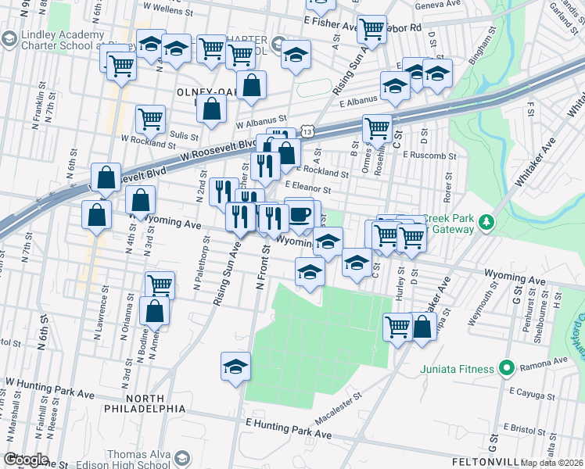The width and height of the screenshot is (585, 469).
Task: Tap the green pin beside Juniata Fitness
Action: (506, 367)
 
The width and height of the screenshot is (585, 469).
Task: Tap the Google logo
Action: (26, 460)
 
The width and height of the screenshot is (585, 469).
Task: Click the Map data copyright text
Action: (552, 463)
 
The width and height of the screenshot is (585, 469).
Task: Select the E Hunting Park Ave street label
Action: (289, 428)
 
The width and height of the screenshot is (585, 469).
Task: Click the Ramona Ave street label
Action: (550, 361)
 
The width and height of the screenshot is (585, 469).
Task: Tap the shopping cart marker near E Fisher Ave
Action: (373, 30)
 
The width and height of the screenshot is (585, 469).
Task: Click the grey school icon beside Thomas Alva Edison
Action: (183, 458)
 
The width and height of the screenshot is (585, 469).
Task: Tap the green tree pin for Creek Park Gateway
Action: (487, 224)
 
